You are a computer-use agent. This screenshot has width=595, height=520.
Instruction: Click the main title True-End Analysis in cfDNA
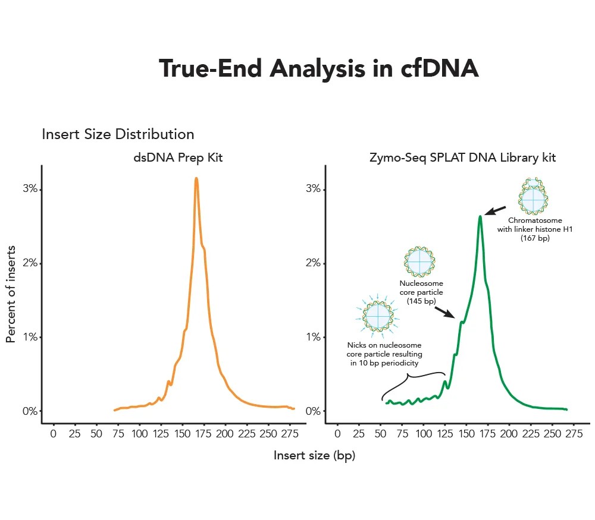pos(318,69)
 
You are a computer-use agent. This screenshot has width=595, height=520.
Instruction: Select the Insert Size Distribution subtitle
pos(118,134)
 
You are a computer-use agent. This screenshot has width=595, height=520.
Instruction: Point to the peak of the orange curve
pos(196,178)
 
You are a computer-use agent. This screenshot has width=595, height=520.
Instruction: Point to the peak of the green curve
pos(480,216)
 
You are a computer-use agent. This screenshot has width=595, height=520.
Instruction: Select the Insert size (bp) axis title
pos(314,456)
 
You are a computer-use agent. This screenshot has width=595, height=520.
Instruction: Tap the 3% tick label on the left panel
pos(30,189)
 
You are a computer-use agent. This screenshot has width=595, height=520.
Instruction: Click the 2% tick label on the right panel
pos(314,263)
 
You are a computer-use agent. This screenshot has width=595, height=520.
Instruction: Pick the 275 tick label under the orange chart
pos(290,434)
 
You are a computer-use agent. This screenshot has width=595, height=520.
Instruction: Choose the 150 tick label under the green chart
pos(466,434)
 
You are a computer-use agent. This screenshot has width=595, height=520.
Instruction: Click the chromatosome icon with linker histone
pos(533,197)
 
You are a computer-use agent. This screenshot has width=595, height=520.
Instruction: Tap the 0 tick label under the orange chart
pos(54,434)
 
